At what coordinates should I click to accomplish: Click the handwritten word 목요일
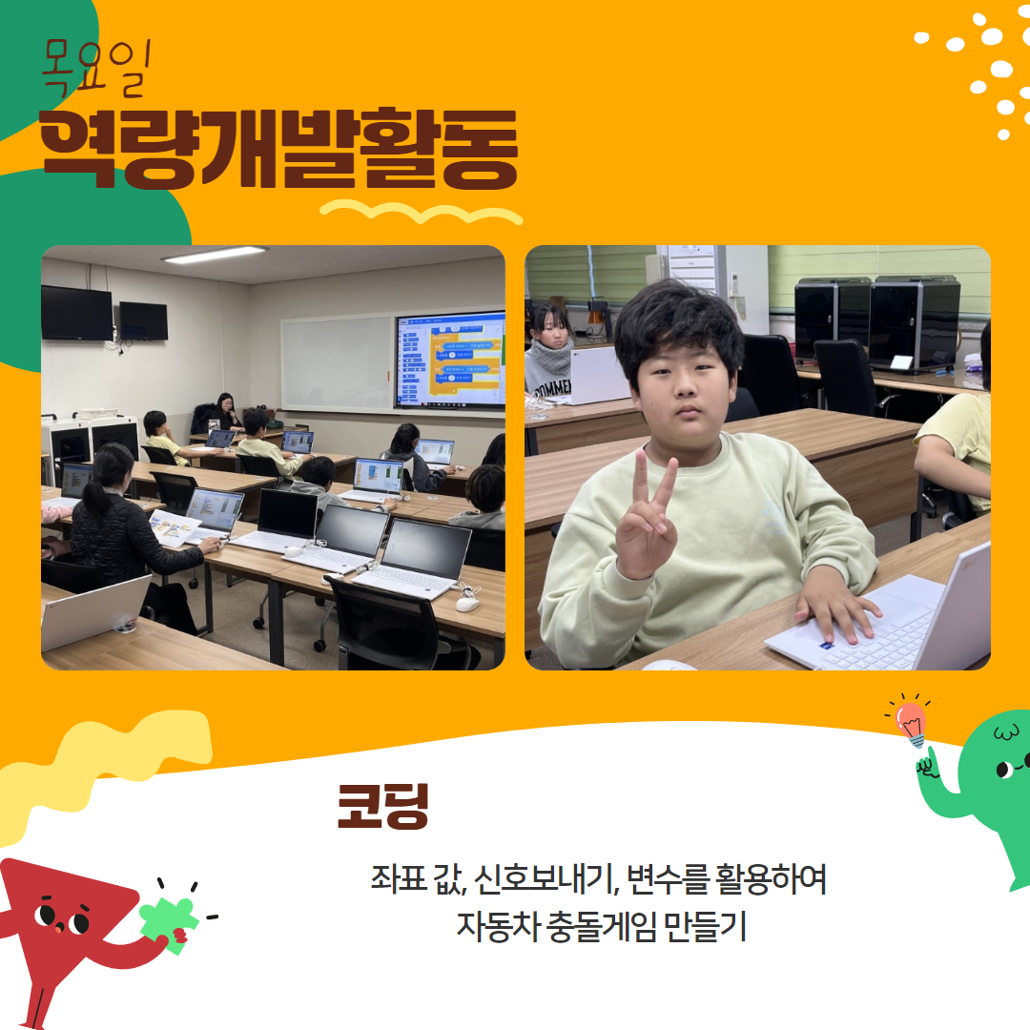click(x=96, y=68)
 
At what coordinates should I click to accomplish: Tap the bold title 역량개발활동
click(x=278, y=149)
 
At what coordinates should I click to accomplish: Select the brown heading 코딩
click(x=382, y=805)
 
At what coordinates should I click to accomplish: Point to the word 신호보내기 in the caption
click(x=546, y=879)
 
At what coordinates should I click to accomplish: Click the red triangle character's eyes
click(x=62, y=918)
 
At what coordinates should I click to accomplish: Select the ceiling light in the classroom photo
click(x=215, y=255)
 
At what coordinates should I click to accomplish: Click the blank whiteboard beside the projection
click(x=337, y=364)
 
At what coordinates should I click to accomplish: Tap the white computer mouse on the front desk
click(x=467, y=603)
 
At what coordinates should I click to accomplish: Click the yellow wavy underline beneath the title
click(x=422, y=212)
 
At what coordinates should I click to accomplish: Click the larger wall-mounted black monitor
click(x=77, y=313)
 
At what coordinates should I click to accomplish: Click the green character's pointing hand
click(x=928, y=764)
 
